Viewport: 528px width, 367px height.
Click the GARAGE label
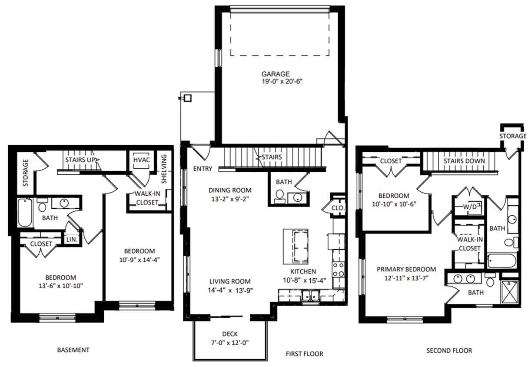coord(275,74)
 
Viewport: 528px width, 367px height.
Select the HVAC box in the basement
coord(141,160)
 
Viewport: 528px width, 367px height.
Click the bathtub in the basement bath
coord(24,213)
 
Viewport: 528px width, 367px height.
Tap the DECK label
coord(229,334)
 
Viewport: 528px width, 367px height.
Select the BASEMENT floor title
coord(73,350)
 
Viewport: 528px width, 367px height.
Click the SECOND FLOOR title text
coord(449,350)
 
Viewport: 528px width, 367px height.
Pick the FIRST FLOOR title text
coord(304,354)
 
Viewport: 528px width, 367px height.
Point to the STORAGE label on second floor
coord(513,136)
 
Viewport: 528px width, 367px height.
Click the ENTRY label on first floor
coord(203,169)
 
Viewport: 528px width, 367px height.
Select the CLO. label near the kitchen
coord(338,208)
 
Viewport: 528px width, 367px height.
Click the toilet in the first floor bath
coord(280,197)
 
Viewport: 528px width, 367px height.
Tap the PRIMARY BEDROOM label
coord(406,269)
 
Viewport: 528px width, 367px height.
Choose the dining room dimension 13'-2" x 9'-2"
coord(230,198)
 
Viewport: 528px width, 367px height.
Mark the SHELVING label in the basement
coord(164,169)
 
